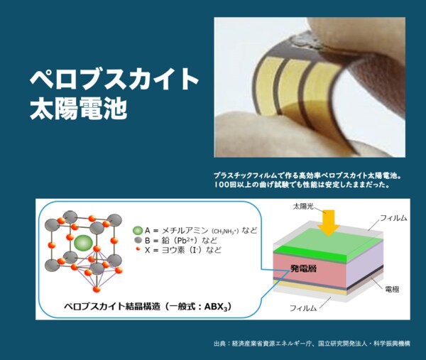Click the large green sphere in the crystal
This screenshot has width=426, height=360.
point(84,243)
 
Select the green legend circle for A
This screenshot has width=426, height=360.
point(137,231)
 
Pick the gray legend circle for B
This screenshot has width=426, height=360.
point(137,241)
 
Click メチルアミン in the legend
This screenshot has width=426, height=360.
point(185,231)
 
